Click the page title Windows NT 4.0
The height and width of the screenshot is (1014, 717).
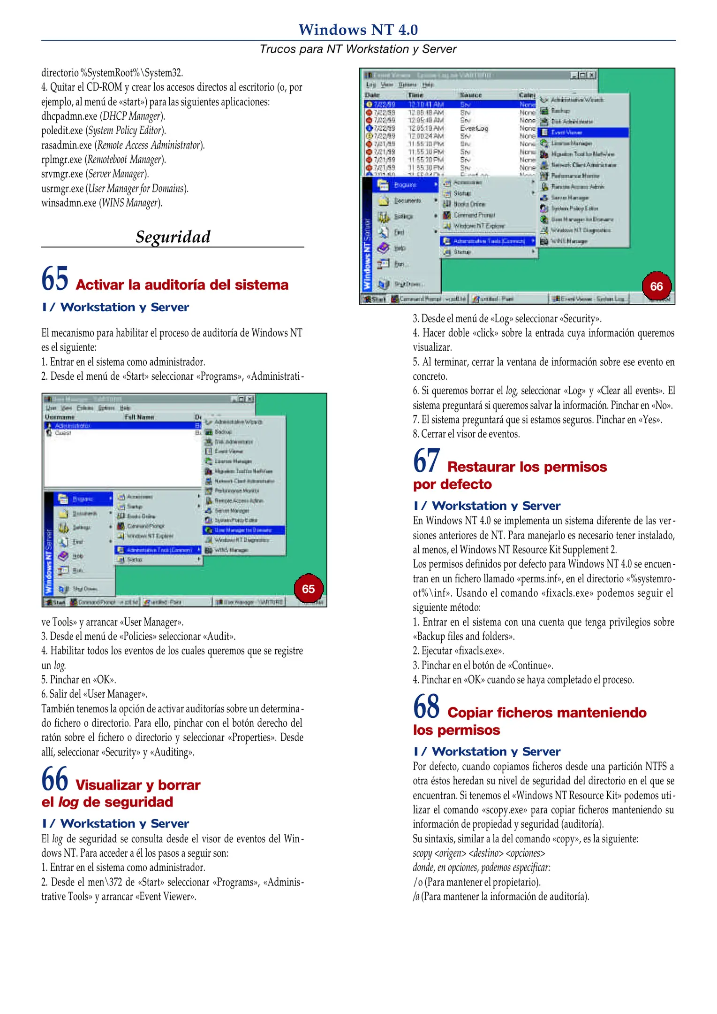[358, 30]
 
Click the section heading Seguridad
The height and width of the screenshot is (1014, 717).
[173, 237]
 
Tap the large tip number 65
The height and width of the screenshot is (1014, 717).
[55, 279]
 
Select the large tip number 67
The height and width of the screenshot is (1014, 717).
[426, 461]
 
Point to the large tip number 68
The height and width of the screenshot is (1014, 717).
[426, 707]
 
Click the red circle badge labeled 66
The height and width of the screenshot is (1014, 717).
[656, 286]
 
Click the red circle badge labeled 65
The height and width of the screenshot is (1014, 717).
[308, 589]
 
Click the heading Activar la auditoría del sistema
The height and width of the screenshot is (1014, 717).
[182, 285]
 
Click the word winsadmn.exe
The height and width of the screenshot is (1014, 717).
[69, 203]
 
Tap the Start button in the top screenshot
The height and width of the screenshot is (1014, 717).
[375, 299]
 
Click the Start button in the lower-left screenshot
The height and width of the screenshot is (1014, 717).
[55, 602]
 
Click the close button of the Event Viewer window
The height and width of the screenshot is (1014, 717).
[592, 75]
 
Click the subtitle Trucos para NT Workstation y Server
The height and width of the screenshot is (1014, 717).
[358, 49]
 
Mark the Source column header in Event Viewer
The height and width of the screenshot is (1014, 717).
[470, 95]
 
